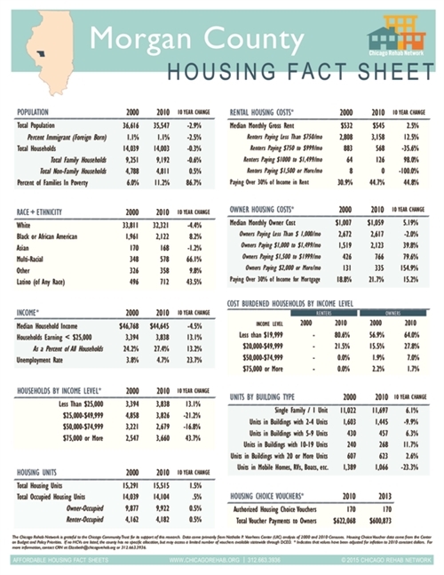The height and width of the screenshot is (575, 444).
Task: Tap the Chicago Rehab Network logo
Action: pyautogui.click(x=395, y=44)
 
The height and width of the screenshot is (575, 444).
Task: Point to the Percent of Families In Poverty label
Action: pyautogui.click(x=59, y=180)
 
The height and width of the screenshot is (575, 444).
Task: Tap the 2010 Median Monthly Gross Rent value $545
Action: pyautogui.click(x=377, y=127)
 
